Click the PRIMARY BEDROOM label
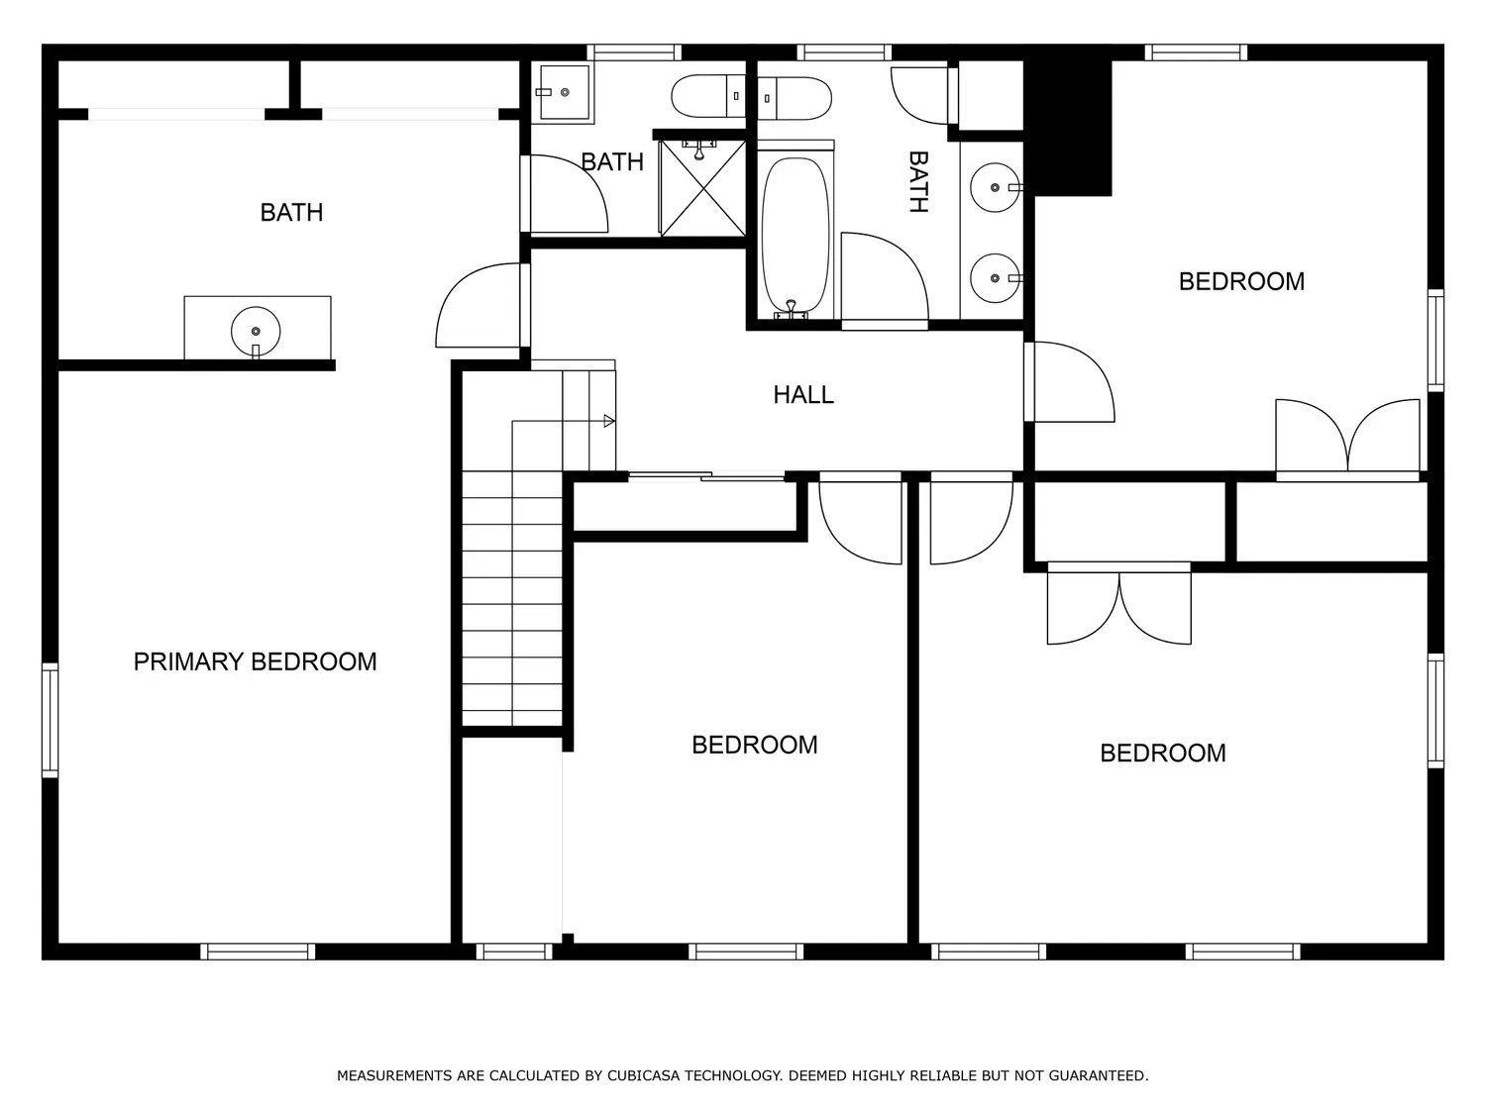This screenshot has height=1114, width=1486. (255, 661)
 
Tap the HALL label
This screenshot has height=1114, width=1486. (803, 395)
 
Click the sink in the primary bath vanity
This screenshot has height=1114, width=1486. (256, 332)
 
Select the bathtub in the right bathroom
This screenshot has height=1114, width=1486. (795, 237)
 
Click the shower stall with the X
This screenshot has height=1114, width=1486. (702, 188)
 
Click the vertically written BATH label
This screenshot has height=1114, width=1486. (918, 181)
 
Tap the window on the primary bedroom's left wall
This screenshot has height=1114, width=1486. (51, 720)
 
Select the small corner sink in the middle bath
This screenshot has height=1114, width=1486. (564, 92)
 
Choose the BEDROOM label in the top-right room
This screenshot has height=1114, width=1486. (1241, 281)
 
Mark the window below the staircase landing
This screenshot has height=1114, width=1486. (514, 951)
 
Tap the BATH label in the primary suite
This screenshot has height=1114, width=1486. (292, 212)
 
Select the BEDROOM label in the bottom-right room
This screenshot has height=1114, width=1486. (1162, 753)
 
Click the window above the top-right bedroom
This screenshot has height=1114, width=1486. (1197, 52)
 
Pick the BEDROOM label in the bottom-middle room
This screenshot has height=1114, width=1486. (754, 745)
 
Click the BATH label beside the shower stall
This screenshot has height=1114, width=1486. (612, 161)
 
